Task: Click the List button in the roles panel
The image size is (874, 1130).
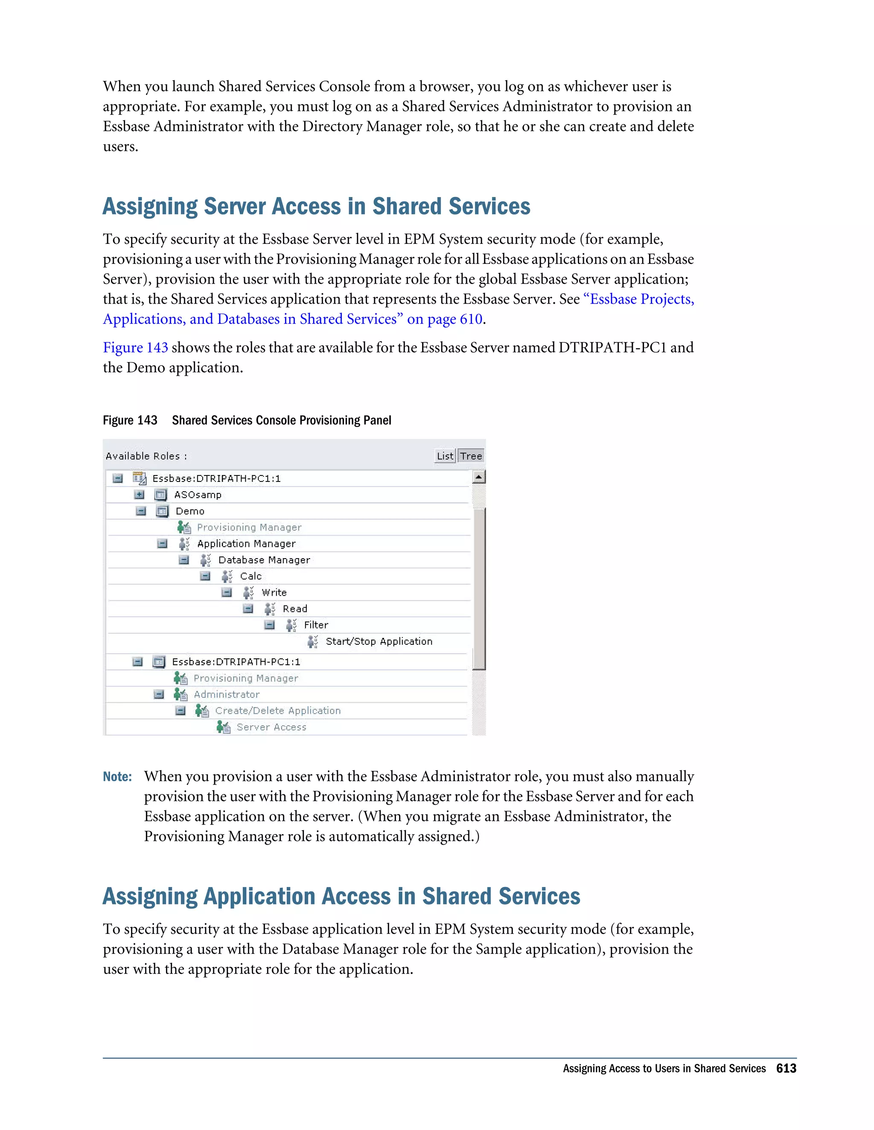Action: click(x=444, y=456)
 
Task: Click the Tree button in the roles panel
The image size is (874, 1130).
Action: click(x=471, y=456)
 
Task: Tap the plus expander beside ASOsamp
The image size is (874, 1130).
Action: click(x=139, y=495)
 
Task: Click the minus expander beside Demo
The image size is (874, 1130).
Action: click(x=141, y=511)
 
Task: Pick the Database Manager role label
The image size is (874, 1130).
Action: click(x=264, y=560)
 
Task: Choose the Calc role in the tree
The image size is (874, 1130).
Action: click(x=251, y=577)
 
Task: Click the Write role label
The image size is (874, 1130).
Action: click(x=274, y=592)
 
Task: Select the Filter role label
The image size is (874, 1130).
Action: click(x=316, y=625)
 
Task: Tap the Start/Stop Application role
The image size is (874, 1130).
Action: click(x=379, y=642)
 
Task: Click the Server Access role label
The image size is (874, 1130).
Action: click(x=271, y=727)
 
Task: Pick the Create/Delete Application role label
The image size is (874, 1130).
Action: click(x=277, y=711)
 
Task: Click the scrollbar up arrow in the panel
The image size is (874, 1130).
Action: click(x=479, y=477)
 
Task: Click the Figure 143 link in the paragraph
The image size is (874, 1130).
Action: click(x=135, y=347)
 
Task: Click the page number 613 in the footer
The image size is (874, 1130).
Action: click(x=786, y=1069)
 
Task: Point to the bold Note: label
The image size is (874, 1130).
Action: click(x=117, y=777)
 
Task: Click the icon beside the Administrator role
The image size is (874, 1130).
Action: click(x=180, y=694)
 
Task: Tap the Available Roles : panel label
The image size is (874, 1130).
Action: click(x=146, y=456)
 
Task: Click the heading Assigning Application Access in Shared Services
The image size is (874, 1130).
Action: click(x=341, y=897)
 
